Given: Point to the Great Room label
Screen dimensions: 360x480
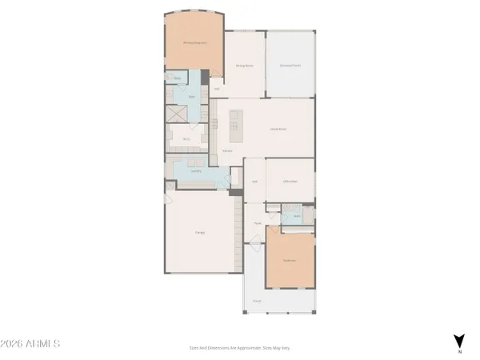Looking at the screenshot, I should (278, 127).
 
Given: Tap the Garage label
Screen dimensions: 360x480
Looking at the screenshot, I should (199, 232).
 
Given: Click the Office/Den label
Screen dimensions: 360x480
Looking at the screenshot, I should (290, 182).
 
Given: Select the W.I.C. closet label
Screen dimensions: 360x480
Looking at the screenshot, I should (186, 137).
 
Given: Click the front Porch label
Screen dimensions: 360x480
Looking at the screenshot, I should (258, 300).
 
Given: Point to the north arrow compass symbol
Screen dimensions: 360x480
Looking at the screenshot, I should (458, 342).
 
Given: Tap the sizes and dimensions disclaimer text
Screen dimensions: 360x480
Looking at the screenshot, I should (239, 347).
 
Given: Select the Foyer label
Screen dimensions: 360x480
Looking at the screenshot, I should (258, 223).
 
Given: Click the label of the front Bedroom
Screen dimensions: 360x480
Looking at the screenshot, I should (289, 260).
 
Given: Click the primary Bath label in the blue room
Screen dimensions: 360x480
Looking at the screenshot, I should (192, 94).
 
